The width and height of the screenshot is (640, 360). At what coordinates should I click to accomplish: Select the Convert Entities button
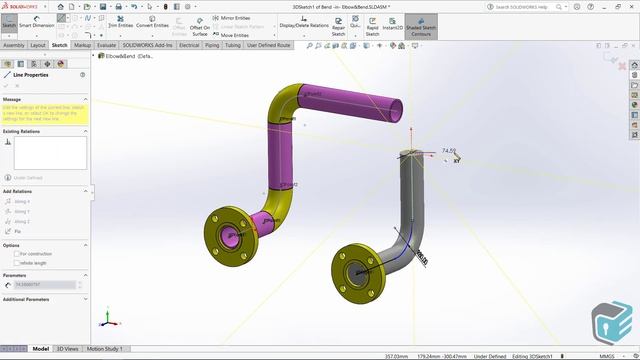coord(152,25)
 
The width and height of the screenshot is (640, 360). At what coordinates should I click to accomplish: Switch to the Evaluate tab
coord(107,45)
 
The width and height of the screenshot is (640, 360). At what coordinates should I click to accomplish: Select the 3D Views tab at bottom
coord(67,349)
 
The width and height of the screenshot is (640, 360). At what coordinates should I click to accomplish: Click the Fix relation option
coord(18,231)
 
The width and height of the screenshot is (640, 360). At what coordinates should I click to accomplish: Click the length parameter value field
coord(44,285)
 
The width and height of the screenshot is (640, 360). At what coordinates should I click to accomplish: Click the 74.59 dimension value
coord(449,151)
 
